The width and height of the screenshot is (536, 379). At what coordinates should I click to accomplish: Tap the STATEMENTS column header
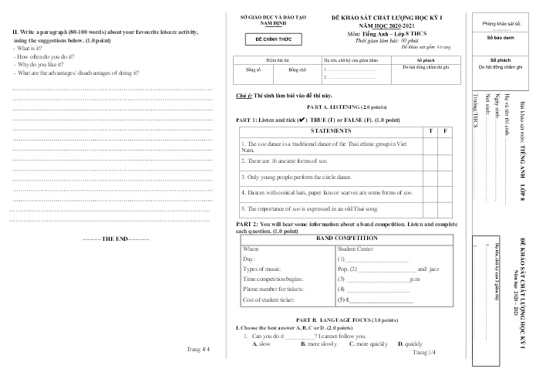click(x=329, y=130)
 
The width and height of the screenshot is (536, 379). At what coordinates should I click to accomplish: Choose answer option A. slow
click(x=261, y=344)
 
